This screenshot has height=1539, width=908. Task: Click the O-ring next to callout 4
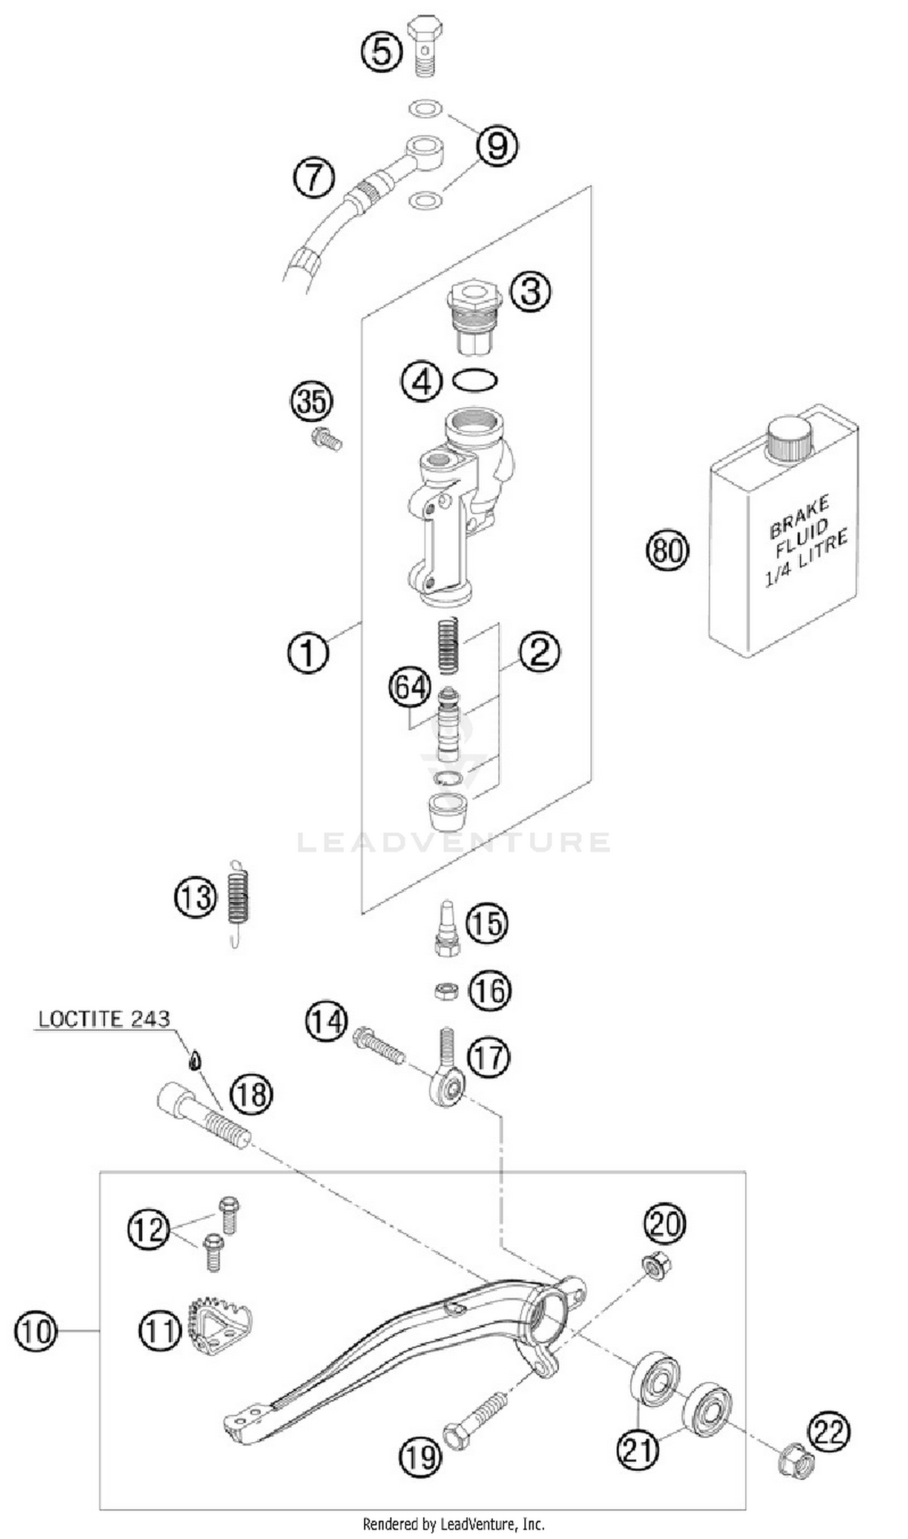point(475,381)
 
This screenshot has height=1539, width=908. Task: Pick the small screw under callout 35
point(326,439)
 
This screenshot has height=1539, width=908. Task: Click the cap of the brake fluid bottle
point(791,439)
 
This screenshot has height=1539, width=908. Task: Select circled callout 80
point(667,550)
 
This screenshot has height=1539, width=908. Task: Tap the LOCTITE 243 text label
point(104,1019)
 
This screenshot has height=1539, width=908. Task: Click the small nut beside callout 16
point(447,990)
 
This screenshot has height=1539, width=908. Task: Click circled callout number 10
point(36,1331)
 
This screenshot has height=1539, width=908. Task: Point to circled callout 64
point(410,687)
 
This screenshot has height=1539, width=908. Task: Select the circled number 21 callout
point(637,1448)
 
